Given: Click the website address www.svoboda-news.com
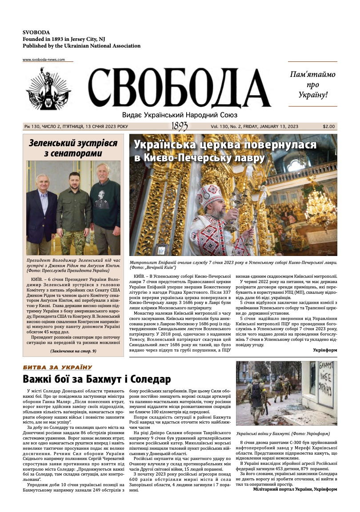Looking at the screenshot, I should coord(44,60).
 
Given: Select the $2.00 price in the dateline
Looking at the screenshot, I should coord(329,126).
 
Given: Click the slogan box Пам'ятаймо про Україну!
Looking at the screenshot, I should coord(312,84).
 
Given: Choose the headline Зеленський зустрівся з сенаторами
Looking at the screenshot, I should coord(73,148).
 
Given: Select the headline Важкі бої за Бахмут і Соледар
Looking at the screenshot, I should coord(97,380).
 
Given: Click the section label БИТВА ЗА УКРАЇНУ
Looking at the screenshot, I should coord(57,368).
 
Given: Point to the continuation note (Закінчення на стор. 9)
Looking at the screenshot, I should coord(73,351).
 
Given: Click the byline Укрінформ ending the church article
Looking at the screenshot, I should coord(325,350).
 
